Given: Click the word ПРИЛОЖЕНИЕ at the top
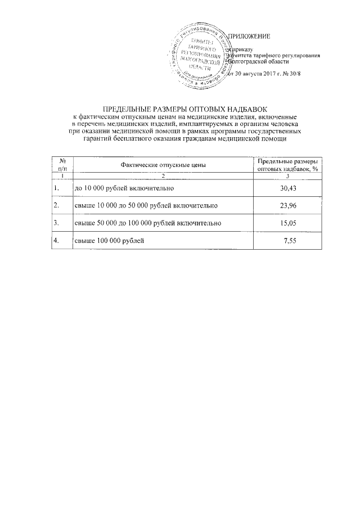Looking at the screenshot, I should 248,37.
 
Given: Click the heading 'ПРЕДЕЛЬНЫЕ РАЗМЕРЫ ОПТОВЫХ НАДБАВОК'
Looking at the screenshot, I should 179,108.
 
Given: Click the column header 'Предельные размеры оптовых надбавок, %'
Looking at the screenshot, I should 287,165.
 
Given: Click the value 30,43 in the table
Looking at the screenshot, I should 288,187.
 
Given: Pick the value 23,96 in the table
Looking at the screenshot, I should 288,205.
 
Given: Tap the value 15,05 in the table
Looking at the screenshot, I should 288,223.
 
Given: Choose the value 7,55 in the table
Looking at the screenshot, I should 290,241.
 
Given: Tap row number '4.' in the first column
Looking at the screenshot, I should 56,241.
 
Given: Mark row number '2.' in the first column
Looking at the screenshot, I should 56,205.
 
